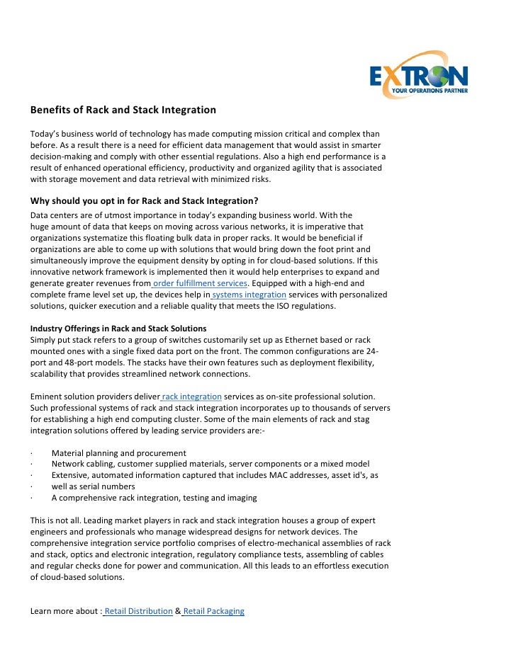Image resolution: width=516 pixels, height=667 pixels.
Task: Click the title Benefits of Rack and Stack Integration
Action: click(123, 110)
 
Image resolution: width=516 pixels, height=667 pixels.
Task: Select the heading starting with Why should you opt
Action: click(144, 200)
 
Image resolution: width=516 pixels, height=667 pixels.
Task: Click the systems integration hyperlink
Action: click(248, 295)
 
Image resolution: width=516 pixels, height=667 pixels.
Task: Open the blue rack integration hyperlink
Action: click(191, 397)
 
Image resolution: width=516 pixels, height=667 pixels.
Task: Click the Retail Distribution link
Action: click(138, 611)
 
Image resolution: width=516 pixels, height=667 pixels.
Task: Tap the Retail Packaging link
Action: click(213, 611)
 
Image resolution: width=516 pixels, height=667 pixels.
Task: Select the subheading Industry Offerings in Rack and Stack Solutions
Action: click(118, 329)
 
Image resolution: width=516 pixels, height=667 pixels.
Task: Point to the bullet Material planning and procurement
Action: click(119, 453)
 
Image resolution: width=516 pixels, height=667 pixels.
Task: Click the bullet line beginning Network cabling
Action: click(211, 464)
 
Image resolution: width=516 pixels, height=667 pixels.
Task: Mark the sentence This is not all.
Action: click(59, 520)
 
